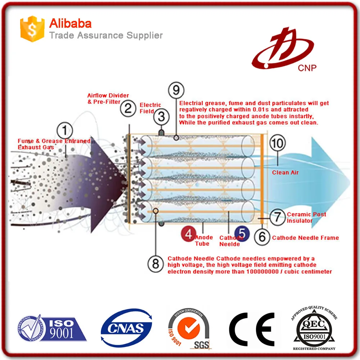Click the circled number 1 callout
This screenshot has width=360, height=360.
(64, 131)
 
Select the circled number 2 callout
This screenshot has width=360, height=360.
(128, 108)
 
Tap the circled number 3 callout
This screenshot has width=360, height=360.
(161, 117)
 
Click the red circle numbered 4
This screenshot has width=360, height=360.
(188, 234)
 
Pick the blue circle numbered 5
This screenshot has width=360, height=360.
(242, 234)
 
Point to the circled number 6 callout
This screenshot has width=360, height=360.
(262, 237)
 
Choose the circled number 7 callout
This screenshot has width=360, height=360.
(277, 217)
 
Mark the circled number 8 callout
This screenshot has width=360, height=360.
(156, 264)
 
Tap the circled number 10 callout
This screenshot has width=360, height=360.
(277, 144)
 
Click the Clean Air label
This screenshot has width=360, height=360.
(285, 172)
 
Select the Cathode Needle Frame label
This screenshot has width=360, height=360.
(305, 238)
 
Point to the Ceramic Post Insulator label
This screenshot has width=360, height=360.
(306, 217)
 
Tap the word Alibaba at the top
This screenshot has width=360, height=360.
(70, 23)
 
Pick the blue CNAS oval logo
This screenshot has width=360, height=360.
(126, 328)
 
